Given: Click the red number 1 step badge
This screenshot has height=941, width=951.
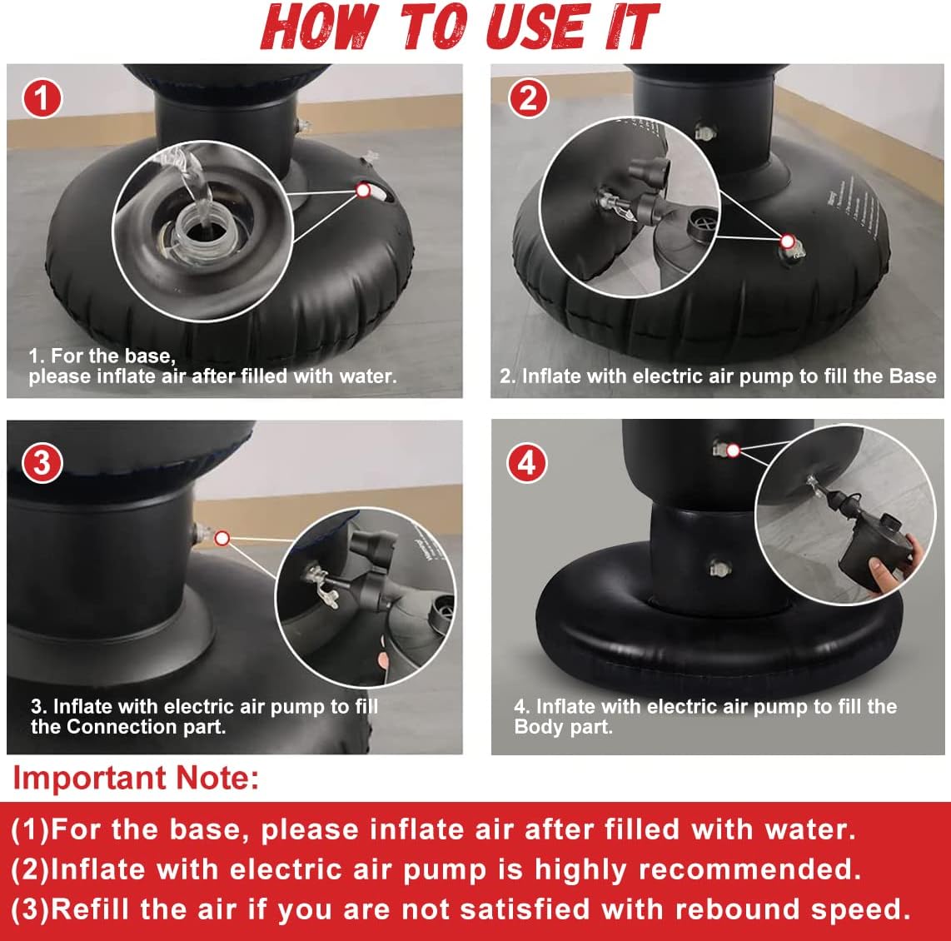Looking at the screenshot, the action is pos(42,98).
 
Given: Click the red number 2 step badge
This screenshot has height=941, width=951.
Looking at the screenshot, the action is pos(528,97).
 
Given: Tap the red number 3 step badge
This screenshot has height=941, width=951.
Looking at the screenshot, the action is pos(42,463).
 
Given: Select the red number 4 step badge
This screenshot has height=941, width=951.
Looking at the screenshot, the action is pos(526,463).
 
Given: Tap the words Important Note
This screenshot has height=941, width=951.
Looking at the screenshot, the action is pos(136,778).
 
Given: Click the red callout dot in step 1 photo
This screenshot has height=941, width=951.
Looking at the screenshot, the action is pos(363,191).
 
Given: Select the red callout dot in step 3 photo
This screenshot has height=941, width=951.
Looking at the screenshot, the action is pos(222,538).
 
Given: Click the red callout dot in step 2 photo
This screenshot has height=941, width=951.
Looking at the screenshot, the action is pos(787,241).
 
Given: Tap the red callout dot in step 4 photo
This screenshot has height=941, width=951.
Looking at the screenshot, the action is pos(734,451).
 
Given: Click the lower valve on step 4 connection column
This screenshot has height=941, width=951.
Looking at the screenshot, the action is pos(719,569).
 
